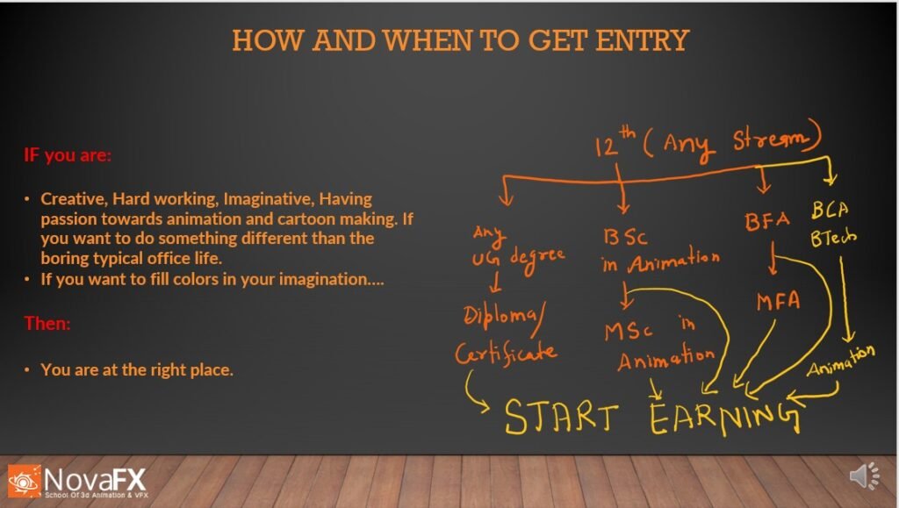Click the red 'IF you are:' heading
[68, 155]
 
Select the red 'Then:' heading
[47, 324]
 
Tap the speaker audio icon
[864, 476]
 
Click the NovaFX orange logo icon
[24, 481]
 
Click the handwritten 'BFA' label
[767, 221]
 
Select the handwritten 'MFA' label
[778, 301]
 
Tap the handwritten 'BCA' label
[830, 211]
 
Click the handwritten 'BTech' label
[833, 237]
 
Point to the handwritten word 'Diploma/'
[504, 317]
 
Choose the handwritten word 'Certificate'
[506, 352]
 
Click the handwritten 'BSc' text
[625, 237]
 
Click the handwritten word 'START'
[561, 416]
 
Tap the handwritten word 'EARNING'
[724, 419]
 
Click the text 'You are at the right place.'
[137, 370]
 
